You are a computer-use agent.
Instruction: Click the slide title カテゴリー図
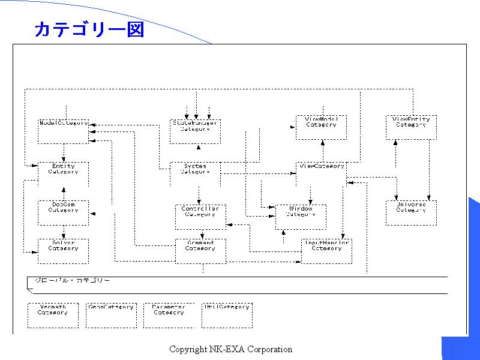point(89,30)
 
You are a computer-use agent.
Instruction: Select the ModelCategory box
point(63,131)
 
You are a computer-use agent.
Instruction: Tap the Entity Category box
point(63,174)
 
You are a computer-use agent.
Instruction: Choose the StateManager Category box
point(195,131)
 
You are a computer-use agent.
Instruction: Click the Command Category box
point(200,251)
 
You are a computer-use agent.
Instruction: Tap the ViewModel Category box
point(321,127)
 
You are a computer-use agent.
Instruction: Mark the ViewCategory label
point(321,166)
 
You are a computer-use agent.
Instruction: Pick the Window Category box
point(301,217)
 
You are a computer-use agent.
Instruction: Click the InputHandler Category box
point(326,251)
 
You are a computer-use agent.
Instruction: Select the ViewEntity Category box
point(411,127)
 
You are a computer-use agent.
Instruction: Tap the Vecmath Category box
point(53,315)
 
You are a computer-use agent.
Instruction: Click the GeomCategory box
point(111,315)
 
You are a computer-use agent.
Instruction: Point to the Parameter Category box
point(169,315)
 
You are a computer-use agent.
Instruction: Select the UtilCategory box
point(227,315)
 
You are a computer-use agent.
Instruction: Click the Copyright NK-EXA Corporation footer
point(230,349)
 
